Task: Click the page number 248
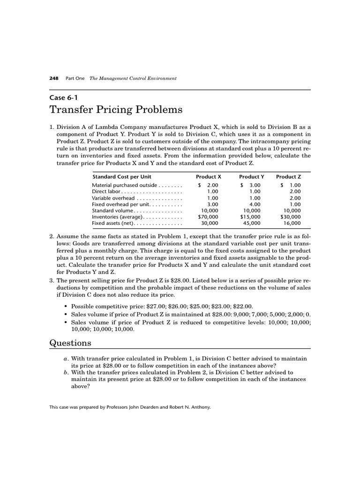(x=53, y=78)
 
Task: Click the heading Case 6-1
(x=63, y=98)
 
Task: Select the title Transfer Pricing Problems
(x=116, y=110)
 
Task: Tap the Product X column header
(x=208, y=177)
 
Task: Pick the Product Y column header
(x=252, y=177)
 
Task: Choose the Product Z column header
(x=288, y=177)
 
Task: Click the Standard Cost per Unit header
(x=121, y=177)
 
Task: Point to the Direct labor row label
(x=106, y=192)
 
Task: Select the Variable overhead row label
(x=111, y=198)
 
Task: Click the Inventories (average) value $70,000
(x=208, y=217)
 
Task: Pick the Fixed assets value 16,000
(x=292, y=224)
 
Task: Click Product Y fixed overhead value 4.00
(x=255, y=204)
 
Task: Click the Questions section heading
(x=70, y=343)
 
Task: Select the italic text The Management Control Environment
(x=133, y=78)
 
